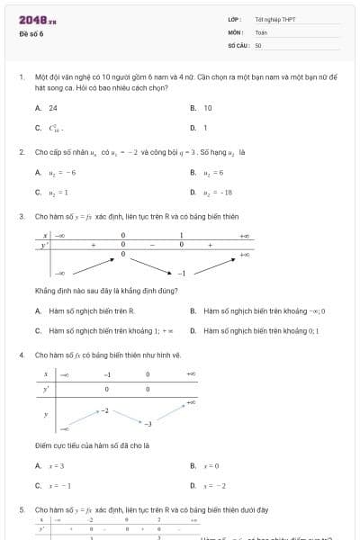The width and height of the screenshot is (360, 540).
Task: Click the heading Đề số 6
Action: (x=31, y=33)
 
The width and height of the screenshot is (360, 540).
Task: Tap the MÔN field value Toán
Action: (x=261, y=31)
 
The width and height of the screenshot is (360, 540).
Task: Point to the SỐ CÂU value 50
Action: (x=258, y=44)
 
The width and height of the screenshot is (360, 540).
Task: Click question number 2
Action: (x=21, y=151)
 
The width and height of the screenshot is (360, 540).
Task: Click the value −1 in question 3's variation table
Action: (x=181, y=273)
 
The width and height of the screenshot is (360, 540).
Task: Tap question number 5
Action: (x=21, y=509)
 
